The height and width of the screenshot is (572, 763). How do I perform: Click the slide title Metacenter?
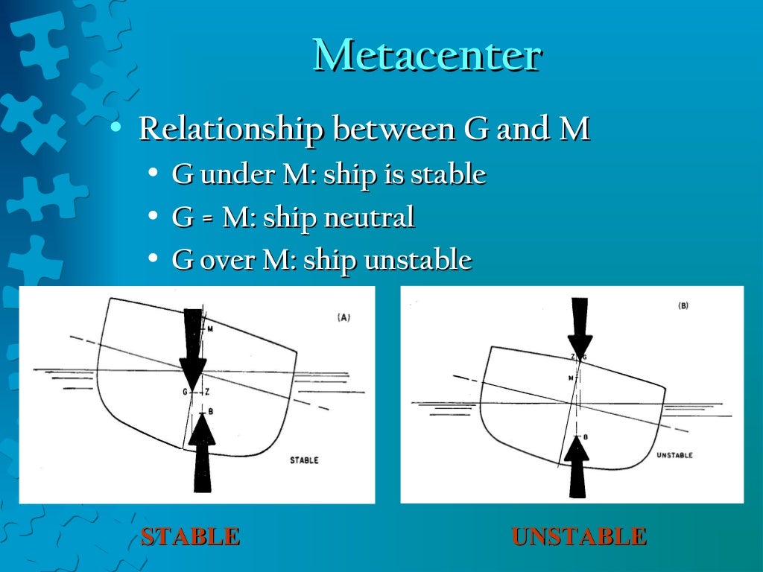point(426,55)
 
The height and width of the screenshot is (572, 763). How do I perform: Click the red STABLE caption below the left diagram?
point(191,536)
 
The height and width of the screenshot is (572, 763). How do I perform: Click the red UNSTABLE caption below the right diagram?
point(579,536)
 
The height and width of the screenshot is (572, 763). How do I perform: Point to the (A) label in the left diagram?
point(343,317)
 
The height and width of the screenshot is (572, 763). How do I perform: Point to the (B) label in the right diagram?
point(683,306)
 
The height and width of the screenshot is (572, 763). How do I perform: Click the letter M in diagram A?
point(210,328)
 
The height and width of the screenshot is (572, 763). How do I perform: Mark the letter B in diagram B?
point(586,437)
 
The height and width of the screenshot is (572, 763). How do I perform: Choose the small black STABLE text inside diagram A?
point(304,460)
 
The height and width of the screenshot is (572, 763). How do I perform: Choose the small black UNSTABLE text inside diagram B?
point(674,455)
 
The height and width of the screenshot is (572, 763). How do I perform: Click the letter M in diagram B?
point(570,378)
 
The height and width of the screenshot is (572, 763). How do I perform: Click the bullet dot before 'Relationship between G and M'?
point(114,128)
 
